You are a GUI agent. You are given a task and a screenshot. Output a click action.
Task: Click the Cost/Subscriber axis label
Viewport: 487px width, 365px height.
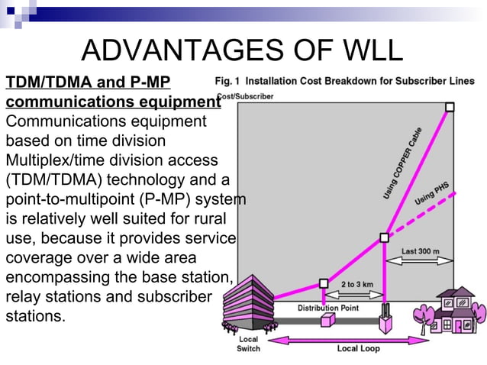tap(245, 96)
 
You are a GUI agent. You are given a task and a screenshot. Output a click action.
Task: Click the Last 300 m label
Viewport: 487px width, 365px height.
tap(421, 250)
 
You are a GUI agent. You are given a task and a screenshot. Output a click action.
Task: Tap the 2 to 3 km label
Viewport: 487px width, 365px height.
tap(356, 284)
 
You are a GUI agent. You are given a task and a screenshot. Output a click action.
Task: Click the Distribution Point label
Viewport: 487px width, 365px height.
tap(327, 308)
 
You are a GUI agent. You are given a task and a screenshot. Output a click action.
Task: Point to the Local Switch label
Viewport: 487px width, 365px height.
tap(248, 344)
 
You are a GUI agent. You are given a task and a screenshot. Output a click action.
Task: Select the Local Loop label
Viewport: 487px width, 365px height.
tap(358, 348)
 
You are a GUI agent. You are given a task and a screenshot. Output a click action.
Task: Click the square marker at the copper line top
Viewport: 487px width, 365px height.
tap(450, 107)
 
